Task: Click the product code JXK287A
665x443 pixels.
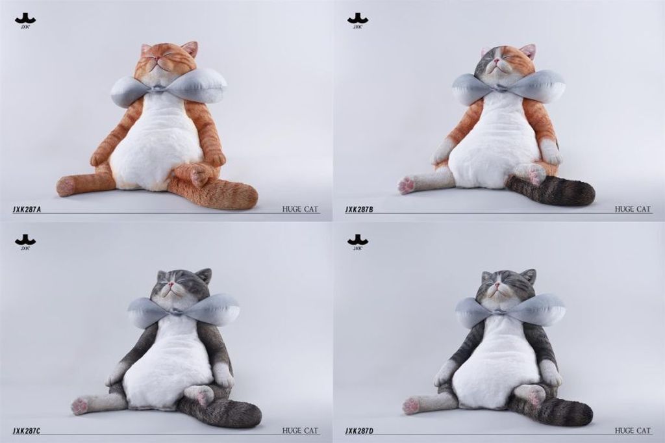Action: click(27, 209)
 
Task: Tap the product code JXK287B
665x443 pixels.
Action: click(359, 209)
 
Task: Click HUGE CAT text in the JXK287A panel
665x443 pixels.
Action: click(300, 209)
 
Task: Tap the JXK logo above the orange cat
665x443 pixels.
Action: click(25, 21)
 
